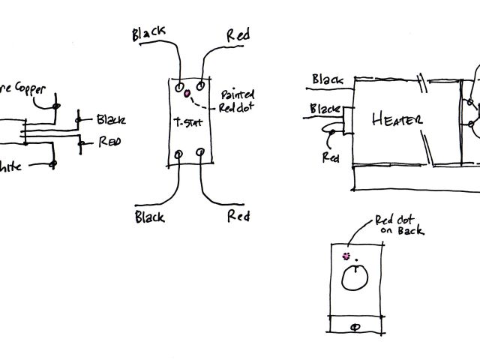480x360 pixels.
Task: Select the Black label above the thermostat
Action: tap(150, 34)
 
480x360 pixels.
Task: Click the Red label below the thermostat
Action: tap(238, 217)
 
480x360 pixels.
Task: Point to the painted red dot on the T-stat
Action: tap(187, 96)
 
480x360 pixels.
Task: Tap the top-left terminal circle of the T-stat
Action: tap(179, 88)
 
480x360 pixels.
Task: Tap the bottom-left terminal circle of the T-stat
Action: tap(178, 154)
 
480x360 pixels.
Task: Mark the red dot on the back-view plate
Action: tap(346, 256)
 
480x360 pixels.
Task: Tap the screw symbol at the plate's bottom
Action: tap(355, 327)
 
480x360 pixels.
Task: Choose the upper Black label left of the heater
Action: tap(328, 79)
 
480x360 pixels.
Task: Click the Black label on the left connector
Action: tap(110, 120)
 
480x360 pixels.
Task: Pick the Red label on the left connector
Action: tap(109, 142)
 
